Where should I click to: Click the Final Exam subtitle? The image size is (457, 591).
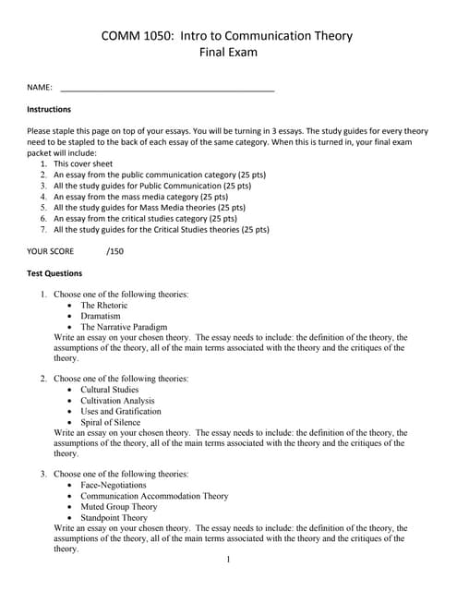pyautogui.click(x=228, y=53)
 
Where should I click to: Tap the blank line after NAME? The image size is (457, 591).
pyautogui.click(x=166, y=89)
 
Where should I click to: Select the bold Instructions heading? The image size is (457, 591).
pyautogui.click(x=50, y=109)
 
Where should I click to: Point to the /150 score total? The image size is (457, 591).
pyautogui.click(x=115, y=250)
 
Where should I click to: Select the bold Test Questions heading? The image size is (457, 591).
pyautogui.click(x=54, y=273)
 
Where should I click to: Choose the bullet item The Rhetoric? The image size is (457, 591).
pyautogui.click(x=104, y=305)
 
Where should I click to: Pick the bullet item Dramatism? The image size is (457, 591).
pyautogui.click(x=101, y=316)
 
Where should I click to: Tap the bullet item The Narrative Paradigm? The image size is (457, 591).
pyautogui.click(x=124, y=327)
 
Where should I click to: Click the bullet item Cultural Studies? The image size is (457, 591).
pyautogui.click(x=110, y=390)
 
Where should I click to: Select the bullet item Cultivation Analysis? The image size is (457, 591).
pyautogui.click(x=117, y=401)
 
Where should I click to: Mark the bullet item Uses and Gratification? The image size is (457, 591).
pyautogui.click(x=120, y=412)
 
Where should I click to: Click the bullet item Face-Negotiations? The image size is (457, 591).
pyautogui.click(x=114, y=485)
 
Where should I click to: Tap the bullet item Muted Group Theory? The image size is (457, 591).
pyautogui.click(x=119, y=507)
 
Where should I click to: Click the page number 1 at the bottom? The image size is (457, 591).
pyautogui.click(x=228, y=560)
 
